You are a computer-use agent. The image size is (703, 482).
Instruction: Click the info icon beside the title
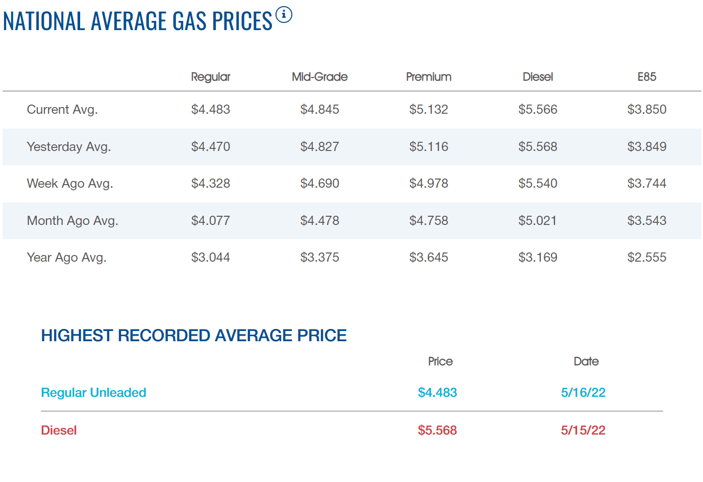pyautogui.click(x=284, y=15)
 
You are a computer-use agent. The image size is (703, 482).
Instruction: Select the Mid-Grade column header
pyautogui.click(x=319, y=77)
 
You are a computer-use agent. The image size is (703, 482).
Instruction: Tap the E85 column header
pyautogui.click(x=646, y=77)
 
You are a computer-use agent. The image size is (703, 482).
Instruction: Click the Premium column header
pyautogui.click(x=429, y=77)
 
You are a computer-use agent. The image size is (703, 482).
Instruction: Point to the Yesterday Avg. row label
pyautogui.click(x=68, y=147)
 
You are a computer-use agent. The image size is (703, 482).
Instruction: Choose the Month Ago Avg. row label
pyautogui.click(x=72, y=221)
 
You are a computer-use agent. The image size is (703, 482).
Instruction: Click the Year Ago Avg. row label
pyautogui.click(x=66, y=258)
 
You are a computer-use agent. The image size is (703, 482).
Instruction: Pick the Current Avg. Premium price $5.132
pyautogui.click(x=429, y=110)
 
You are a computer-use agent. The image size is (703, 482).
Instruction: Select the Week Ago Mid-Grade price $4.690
pyautogui.click(x=319, y=184)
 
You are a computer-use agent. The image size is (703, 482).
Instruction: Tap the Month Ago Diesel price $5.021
pyautogui.click(x=537, y=221)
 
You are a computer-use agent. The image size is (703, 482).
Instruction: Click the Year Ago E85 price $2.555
pyautogui.click(x=646, y=258)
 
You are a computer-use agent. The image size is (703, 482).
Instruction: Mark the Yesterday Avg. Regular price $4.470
pyautogui.click(x=210, y=147)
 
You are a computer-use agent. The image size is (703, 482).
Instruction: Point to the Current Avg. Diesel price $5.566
pyautogui.click(x=537, y=110)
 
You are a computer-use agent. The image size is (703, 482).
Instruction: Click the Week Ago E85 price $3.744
pyautogui.click(x=646, y=184)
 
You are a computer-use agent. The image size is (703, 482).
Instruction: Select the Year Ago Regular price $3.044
pyautogui.click(x=210, y=258)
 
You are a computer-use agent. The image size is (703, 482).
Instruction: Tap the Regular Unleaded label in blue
pyautogui.click(x=93, y=393)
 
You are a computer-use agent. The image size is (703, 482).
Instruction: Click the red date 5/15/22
pyautogui.click(x=583, y=430)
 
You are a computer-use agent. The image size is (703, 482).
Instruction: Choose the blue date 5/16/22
pyautogui.click(x=583, y=393)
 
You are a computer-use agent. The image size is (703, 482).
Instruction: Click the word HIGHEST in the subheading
pyautogui.click(x=77, y=336)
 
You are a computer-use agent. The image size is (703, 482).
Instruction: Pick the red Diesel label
pyautogui.click(x=59, y=430)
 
